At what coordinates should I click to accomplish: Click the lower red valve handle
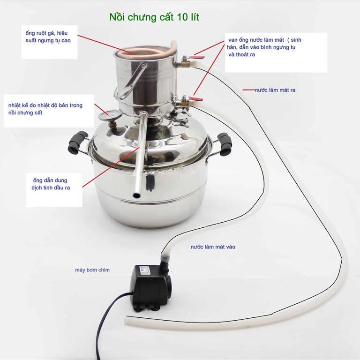(197, 99)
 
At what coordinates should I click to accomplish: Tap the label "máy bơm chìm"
(92, 270)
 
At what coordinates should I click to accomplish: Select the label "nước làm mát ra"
(275, 90)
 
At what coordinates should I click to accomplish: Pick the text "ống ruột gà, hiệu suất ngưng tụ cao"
(50, 37)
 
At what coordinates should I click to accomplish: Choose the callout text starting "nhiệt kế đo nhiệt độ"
(45, 109)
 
